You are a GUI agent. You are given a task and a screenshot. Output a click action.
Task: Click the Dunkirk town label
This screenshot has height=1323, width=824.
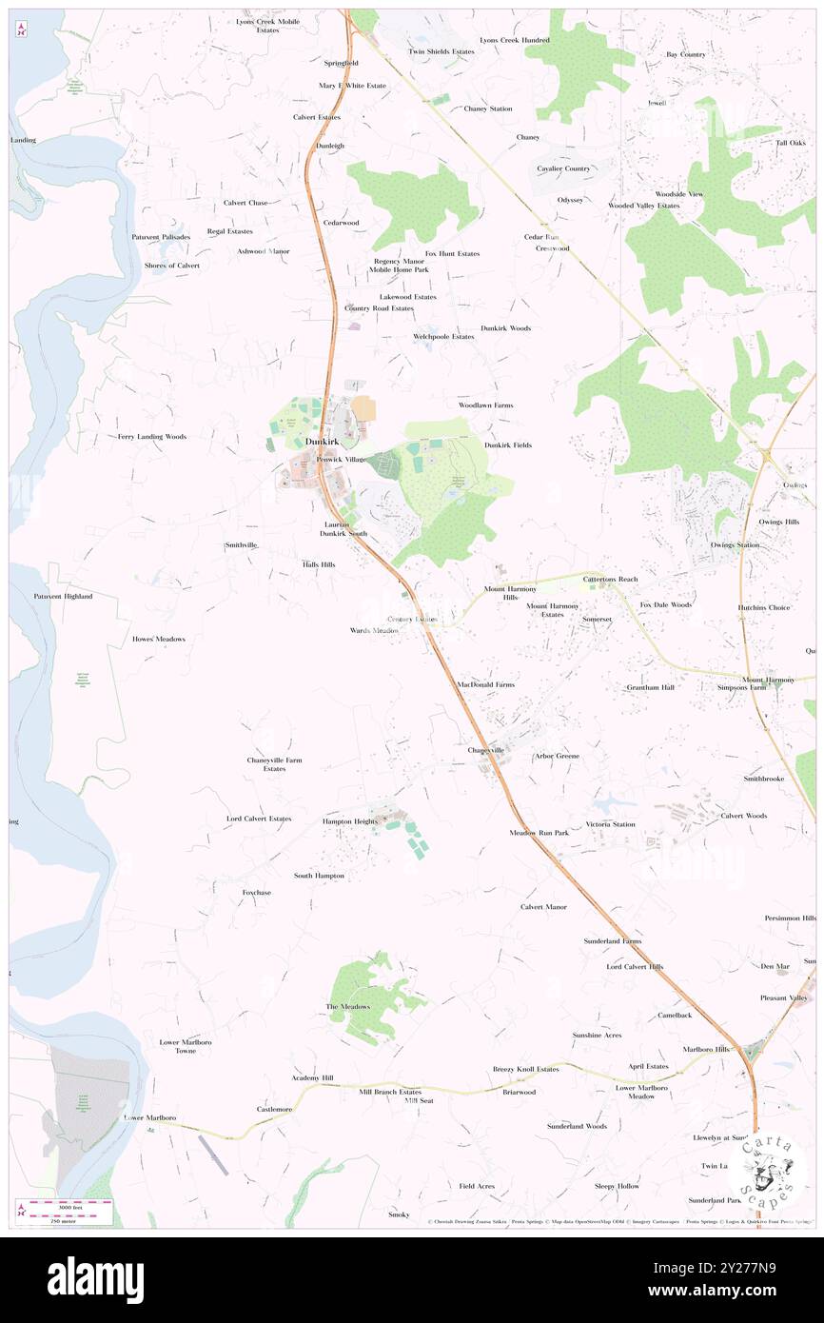(322, 444)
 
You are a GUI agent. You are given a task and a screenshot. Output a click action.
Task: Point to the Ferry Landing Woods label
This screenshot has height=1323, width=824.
(152, 437)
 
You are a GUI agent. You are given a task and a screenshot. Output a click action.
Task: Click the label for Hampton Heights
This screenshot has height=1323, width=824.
(350, 821)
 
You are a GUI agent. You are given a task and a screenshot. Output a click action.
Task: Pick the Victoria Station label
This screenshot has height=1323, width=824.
(610, 824)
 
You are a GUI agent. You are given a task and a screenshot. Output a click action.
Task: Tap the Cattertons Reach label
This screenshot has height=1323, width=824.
(610, 579)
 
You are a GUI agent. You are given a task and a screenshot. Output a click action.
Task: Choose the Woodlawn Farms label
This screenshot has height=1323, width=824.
(485, 405)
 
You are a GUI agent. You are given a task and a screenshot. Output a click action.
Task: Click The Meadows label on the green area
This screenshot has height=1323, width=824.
(347, 1007)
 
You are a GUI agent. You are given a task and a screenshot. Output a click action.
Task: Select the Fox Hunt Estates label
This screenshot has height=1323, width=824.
(452, 254)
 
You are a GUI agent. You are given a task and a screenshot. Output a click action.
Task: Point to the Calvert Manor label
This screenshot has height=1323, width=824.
(543, 907)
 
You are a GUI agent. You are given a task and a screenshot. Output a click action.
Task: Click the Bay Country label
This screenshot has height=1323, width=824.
(685, 54)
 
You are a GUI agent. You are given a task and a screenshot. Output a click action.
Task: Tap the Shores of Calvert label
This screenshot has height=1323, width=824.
(172, 266)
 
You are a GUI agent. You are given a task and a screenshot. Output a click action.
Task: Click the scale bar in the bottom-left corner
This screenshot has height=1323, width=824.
(67, 1208)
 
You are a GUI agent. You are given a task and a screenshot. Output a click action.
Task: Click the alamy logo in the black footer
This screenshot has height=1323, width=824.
(95, 1279)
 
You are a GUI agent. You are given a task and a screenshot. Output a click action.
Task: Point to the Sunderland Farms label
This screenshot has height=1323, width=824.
(612, 941)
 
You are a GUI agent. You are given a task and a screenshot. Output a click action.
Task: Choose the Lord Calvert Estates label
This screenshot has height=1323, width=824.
(259, 819)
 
